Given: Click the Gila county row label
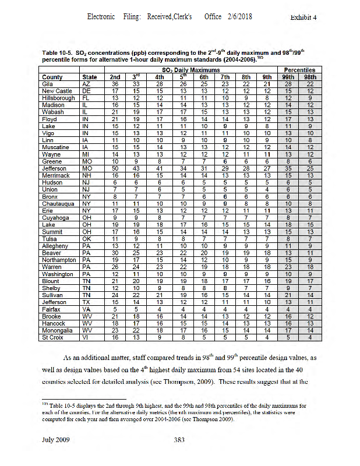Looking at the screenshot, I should coord(48,84).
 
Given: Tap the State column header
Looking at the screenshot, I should coord(90,77).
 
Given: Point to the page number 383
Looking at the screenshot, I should coord(179,440).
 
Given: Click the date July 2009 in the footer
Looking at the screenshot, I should coord(57,440).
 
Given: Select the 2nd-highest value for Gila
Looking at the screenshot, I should coord(115,84).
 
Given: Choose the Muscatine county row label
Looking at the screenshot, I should coord(55,147).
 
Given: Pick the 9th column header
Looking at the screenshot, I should coord(267,77).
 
